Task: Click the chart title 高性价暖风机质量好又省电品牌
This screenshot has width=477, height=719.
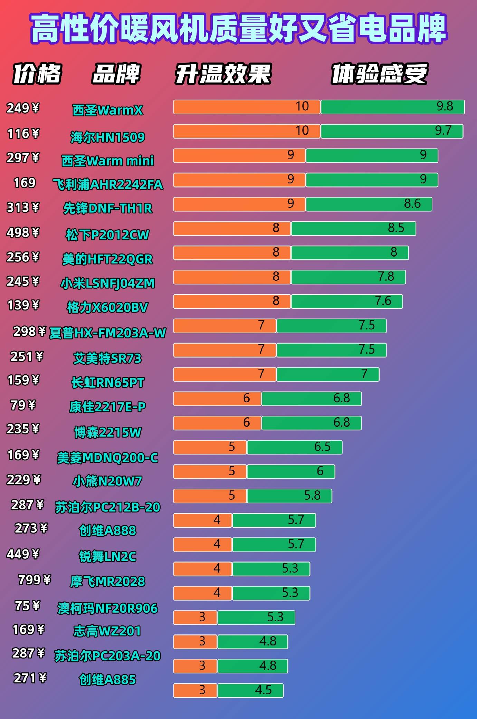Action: pyautogui.click(x=238, y=28)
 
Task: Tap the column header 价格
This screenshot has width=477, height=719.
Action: pyautogui.click(x=37, y=74)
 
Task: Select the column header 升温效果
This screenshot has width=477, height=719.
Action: pyautogui.click(x=223, y=74)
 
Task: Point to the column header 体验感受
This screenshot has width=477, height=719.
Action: pyautogui.click(x=379, y=74)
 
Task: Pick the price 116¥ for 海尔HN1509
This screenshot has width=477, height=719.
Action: pyautogui.click(x=23, y=134)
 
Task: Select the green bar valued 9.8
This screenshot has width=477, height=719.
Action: pyautogui.click(x=392, y=107)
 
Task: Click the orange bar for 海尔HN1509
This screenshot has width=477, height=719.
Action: pyautogui.click(x=247, y=131)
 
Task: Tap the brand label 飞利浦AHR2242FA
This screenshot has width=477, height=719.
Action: pyautogui.click(x=107, y=184)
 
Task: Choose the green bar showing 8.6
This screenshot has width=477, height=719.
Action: pyautogui.click(x=369, y=204)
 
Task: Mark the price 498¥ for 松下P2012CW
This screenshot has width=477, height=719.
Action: pyautogui.click(x=23, y=233)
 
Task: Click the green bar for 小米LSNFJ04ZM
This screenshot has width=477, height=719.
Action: pyautogui.click(x=348, y=277)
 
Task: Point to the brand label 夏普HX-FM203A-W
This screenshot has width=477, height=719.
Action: pyautogui.click(x=107, y=333)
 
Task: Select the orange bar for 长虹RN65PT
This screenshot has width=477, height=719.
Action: pyautogui.click(x=225, y=374)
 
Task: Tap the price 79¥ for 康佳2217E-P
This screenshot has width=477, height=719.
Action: pyautogui.click(x=23, y=405)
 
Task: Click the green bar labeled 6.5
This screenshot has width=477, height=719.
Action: pyautogui.click(x=295, y=447)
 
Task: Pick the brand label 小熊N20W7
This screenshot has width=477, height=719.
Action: pyautogui.click(x=107, y=481)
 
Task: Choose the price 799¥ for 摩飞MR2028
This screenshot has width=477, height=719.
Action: pyautogui.click(x=34, y=580)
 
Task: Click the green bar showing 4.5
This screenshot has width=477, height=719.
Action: pyautogui.click(x=250, y=690)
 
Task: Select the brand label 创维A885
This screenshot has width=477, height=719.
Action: pyautogui.click(x=107, y=680)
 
